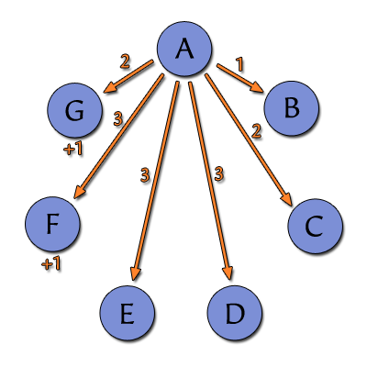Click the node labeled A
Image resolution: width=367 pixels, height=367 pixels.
pos(184,49)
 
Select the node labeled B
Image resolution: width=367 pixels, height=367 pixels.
pos(292,108)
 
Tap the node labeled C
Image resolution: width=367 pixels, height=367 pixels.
pos(315,226)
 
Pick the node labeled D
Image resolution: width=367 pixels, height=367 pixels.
pos(235,313)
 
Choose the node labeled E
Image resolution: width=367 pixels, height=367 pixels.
pos(127,313)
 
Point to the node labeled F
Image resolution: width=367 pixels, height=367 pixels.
pos(52,224)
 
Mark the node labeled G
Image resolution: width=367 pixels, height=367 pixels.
pos(74,110)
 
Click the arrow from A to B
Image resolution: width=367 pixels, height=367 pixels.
pos(239,78)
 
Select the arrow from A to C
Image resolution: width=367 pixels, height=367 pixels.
pos(249,139)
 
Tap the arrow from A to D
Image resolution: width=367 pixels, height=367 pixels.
pos(211,181)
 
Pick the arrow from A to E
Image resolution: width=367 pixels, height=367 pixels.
pos(155,181)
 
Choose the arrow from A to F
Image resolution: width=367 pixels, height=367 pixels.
pos(119,137)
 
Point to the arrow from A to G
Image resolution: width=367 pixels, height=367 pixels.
pos(128,76)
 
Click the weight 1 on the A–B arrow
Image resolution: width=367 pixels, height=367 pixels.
pos(240,65)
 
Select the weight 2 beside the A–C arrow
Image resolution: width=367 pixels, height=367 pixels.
pos(256,131)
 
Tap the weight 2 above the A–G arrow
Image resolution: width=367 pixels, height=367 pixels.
pos(125,61)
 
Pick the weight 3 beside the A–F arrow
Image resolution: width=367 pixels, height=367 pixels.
pos(118,119)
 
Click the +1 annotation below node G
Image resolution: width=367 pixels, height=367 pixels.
pos(73,149)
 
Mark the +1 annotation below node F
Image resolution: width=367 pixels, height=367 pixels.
pos(51,263)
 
